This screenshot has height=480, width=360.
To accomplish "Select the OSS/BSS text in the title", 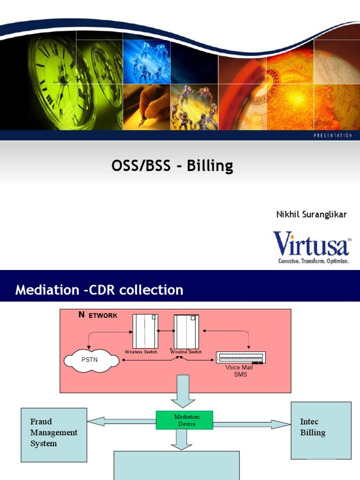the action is pyautogui.click(x=141, y=165).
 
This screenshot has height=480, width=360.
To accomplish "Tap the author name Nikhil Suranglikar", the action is pyautogui.click(x=311, y=215).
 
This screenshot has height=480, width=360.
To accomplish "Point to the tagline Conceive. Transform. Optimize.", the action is pyautogui.click(x=313, y=261).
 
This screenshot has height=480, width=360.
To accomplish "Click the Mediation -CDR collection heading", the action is pyautogui.click(x=99, y=290).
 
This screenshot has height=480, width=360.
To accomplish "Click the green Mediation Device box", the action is pyautogui.click(x=184, y=420).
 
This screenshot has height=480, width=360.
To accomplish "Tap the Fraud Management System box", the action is pyautogui.click(x=54, y=435).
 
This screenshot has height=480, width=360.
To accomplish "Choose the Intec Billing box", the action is pyautogui.click(x=321, y=430).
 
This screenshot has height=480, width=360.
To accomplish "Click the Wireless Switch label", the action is pyautogui.click(x=141, y=352).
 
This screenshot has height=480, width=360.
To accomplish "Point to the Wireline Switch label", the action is pyautogui.click(x=186, y=352).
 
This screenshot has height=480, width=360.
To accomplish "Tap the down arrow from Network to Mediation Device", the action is pyautogui.click(x=183, y=391).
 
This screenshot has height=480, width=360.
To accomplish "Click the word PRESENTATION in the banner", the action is pyautogui.click(x=332, y=135).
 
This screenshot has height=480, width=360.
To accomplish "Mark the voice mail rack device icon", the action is pyautogui.click(x=240, y=357).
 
